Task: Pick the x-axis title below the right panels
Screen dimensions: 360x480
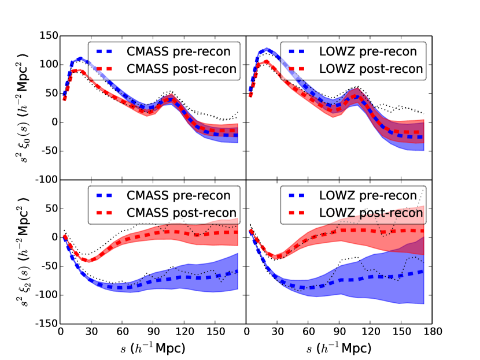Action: click(339, 348)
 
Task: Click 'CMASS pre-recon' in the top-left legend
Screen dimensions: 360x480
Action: click(181, 51)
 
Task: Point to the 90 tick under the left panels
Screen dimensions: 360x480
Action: click(153, 334)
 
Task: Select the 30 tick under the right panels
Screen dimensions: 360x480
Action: click(277, 334)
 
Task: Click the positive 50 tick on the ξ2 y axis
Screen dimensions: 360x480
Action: click(50, 208)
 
